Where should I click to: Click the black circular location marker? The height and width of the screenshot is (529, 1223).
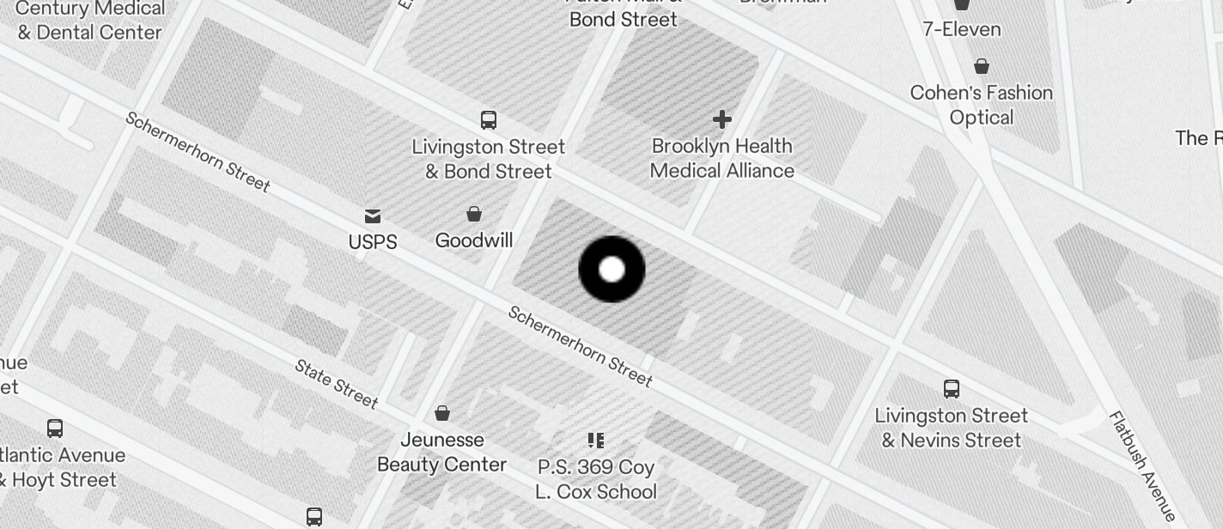coord(611,270)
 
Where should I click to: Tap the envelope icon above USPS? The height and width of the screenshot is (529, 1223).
coord(373,216)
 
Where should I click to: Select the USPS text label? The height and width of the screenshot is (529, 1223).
coord(373,242)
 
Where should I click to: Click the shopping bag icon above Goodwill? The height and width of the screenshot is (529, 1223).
coord(473,213)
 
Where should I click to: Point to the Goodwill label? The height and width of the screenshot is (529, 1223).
coord(474,240)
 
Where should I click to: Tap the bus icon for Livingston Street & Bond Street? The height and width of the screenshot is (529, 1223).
coord(489,119)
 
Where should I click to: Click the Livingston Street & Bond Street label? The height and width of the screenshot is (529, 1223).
coord(489,159)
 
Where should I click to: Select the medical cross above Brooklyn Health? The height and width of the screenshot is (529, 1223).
coord(722,119)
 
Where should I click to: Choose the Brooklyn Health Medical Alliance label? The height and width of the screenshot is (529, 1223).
coord(722,158)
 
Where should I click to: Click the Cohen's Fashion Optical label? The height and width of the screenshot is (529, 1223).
coord(982,105)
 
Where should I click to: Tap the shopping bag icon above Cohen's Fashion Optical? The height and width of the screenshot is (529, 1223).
coord(982,66)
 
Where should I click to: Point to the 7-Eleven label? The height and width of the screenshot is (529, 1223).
coord(962,29)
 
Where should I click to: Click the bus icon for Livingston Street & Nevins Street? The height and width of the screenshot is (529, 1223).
coord(952,388)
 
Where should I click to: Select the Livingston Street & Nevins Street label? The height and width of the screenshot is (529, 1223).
coord(952,428)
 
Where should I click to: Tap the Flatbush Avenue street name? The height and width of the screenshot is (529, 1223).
coord(1142,465)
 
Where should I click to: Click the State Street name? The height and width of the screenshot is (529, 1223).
coord(336,383)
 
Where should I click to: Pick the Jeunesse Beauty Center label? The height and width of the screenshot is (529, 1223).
coord(442,452)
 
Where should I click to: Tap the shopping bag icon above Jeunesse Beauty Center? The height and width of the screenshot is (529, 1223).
coord(442,413)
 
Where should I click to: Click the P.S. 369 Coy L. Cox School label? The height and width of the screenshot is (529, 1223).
coord(596,479)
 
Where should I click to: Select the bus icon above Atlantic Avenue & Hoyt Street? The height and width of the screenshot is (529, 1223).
coord(55,428)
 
